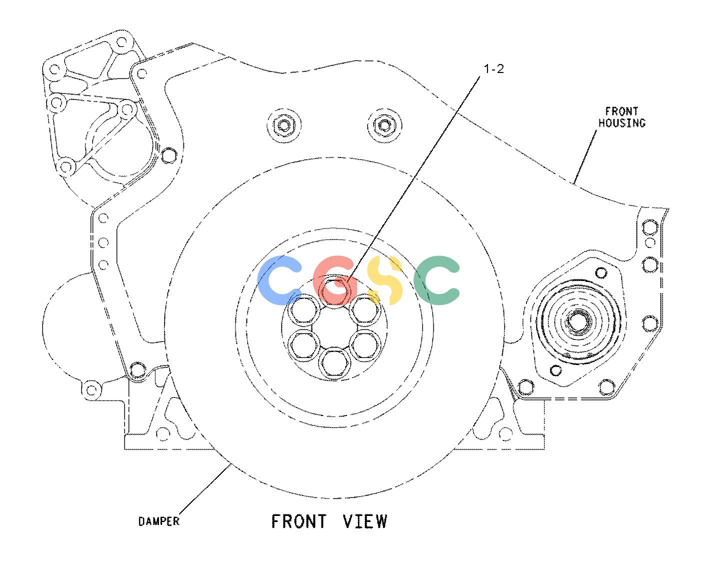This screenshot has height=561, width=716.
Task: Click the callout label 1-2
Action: (x=493, y=69)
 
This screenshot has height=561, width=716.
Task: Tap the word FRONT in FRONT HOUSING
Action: (x=621, y=111)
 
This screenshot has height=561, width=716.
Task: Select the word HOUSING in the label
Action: (x=622, y=123)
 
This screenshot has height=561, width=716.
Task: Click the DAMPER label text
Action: (x=159, y=521)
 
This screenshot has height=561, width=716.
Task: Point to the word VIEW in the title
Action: (x=365, y=521)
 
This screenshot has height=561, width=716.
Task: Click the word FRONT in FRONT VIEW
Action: (x=299, y=521)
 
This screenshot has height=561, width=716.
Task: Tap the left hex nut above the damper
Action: (x=283, y=125)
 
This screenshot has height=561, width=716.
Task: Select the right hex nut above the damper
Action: (x=384, y=125)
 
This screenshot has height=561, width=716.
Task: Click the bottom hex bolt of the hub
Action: (x=334, y=362)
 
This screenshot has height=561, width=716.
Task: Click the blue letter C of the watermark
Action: (x=279, y=280)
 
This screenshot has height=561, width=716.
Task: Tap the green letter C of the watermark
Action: (x=436, y=280)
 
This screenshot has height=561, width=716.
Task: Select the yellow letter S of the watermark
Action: (x=385, y=280)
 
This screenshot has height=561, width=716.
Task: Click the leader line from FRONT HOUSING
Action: (x=585, y=157)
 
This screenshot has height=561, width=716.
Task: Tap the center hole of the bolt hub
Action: (x=334, y=327)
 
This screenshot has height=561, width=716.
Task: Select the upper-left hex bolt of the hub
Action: (x=304, y=309)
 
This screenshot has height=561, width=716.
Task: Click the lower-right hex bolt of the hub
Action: (x=365, y=344)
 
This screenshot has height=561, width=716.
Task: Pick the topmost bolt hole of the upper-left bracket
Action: (x=121, y=42)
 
